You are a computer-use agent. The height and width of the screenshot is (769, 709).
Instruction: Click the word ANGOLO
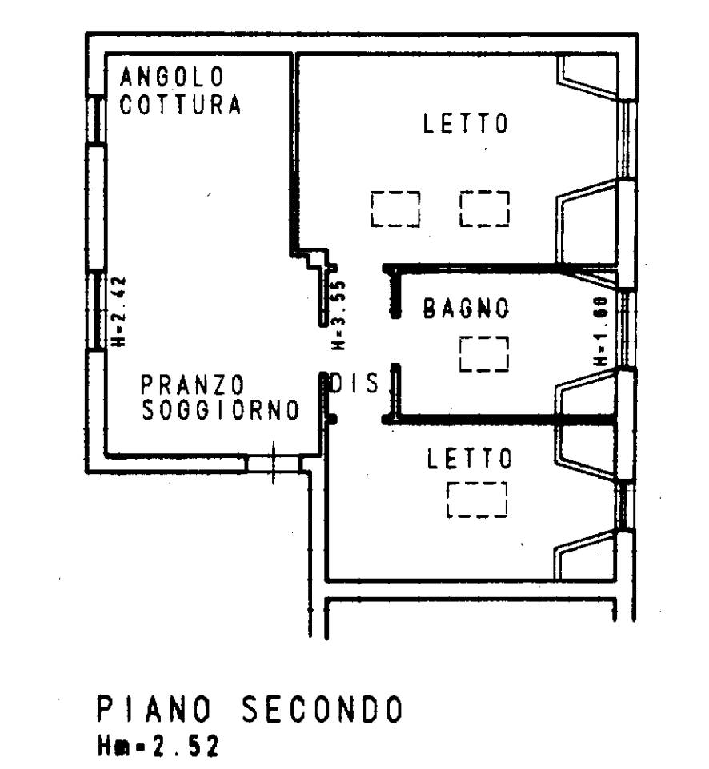click(x=172, y=78)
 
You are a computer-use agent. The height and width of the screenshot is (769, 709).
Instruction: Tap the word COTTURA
click(x=181, y=106)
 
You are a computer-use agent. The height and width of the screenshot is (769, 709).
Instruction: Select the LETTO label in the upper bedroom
click(x=466, y=125)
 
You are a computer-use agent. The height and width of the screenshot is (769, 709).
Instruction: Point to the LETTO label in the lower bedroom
click(x=468, y=459)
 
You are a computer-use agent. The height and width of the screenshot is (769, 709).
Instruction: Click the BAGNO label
click(x=467, y=309)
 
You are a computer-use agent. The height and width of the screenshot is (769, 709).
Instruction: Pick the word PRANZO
click(x=192, y=384)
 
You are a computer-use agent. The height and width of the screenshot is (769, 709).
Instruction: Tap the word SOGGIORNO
click(x=220, y=411)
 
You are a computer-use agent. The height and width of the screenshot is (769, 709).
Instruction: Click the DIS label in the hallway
click(x=354, y=384)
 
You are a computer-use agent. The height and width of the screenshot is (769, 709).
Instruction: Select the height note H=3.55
click(x=338, y=315)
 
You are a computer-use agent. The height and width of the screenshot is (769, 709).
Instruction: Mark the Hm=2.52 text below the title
click(x=157, y=747)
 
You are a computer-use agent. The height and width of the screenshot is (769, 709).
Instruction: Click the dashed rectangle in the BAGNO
click(x=484, y=354)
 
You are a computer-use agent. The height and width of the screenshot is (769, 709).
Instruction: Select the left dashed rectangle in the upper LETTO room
click(x=395, y=209)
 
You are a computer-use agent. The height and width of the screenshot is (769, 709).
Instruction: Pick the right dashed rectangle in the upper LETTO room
click(x=484, y=209)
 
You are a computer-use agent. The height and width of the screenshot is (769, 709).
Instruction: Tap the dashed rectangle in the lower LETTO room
click(x=477, y=500)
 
